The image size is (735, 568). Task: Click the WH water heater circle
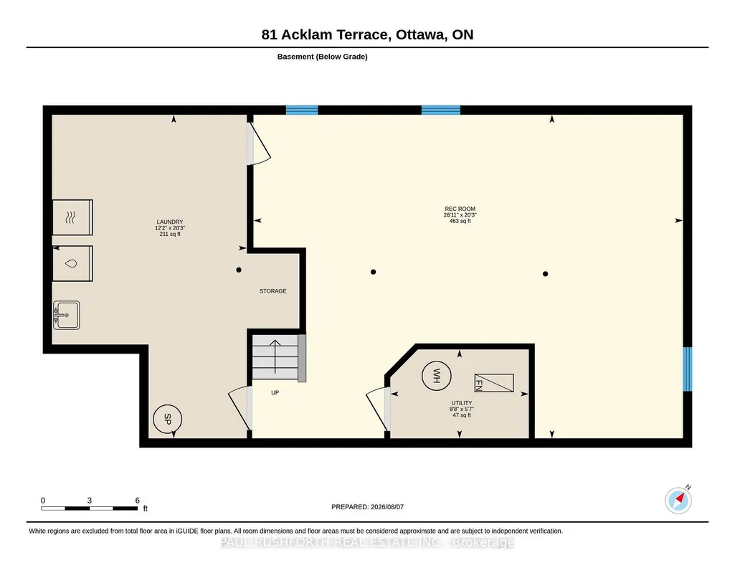(x=437, y=376)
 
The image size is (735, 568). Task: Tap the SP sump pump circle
(x=167, y=419)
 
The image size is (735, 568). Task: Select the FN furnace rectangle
(x=494, y=383)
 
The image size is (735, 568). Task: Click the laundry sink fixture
(x=66, y=315)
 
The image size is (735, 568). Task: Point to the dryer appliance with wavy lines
(x=72, y=217)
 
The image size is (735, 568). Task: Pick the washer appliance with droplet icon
(x=72, y=263)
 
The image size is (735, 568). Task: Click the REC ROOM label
(x=460, y=209)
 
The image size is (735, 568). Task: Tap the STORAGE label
(x=272, y=291)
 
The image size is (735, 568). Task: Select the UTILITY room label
(x=462, y=403)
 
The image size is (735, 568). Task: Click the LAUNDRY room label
(x=170, y=222)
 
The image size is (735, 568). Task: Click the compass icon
(x=678, y=501)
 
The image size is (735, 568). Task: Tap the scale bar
(x=90, y=508)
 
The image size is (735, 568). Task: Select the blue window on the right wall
(x=687, y=369)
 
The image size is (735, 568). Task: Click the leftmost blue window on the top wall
(x=302, y=110)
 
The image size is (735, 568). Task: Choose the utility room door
(x=378, y=409)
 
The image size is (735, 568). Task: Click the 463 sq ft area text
(x=460, y=221)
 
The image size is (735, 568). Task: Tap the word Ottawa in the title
(x=421, y=34)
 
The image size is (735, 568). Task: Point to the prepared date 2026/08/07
(x=387, y=506)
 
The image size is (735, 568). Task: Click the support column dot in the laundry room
(x=239, y=270)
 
